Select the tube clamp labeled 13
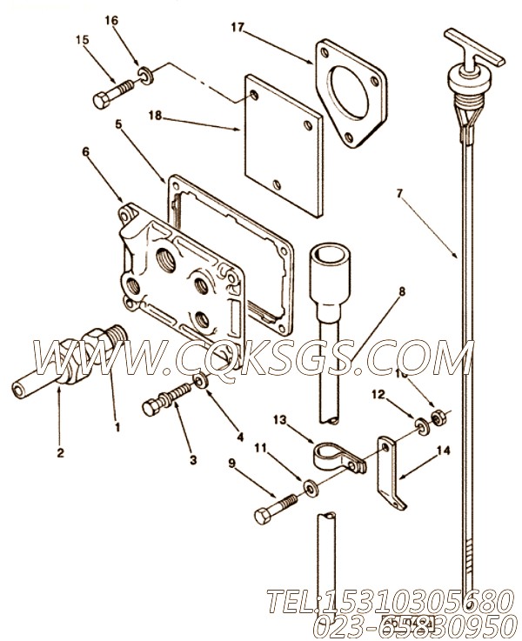pos(337,458)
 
